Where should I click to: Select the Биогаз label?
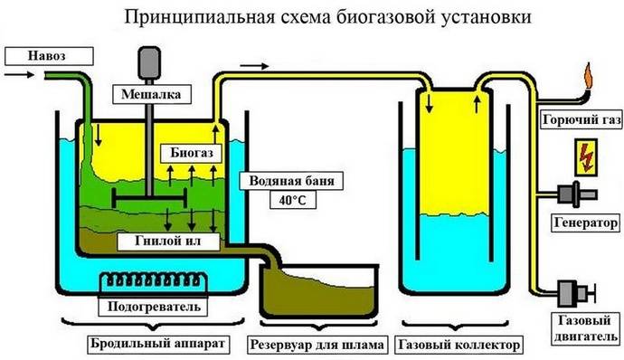191,153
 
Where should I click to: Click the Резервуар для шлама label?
321,346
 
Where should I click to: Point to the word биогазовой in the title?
374,17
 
